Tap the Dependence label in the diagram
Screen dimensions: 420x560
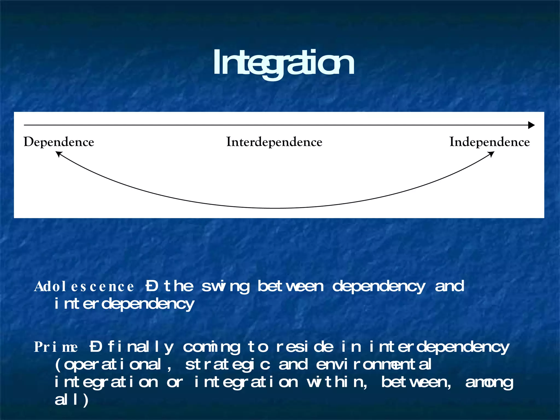(x=59, y=142)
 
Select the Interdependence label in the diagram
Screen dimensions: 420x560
(x=274, y=142)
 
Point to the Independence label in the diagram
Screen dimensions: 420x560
(x=489, y=142)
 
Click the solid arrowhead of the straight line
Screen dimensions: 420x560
(x=531, y=125)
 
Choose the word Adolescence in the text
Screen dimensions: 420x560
(x=84, y=287)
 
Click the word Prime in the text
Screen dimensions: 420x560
(x=56, y=347)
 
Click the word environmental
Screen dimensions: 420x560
(x=374, y=364)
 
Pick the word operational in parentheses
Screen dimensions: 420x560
(x=112, y=365)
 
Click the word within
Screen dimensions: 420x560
(x=337, y=382)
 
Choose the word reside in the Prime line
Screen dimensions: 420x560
(x=305, y=347)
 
